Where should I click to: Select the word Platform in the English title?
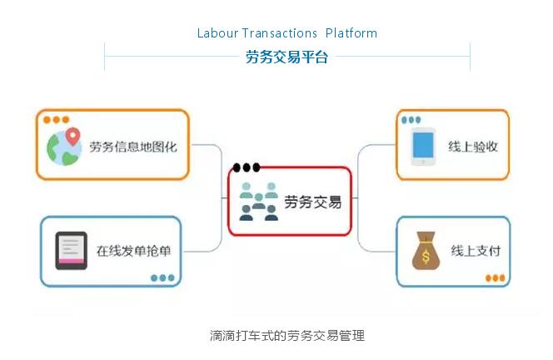pos(351,33)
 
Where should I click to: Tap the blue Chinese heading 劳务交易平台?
pos(286,57)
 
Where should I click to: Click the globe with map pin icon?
pos(66,147)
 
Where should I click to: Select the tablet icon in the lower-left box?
pos(71,251)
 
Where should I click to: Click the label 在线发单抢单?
pos(133,251)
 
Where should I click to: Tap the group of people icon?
pos(258,202)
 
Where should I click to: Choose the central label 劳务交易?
pos(313,202)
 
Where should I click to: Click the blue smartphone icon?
pos(423,147)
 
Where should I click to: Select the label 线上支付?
pos(476,251)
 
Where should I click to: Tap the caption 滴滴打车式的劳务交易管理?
pos(287,336)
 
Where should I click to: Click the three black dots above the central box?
pos(247,167)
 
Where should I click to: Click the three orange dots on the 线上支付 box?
pos(494,277)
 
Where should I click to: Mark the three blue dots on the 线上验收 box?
pos(411,120)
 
